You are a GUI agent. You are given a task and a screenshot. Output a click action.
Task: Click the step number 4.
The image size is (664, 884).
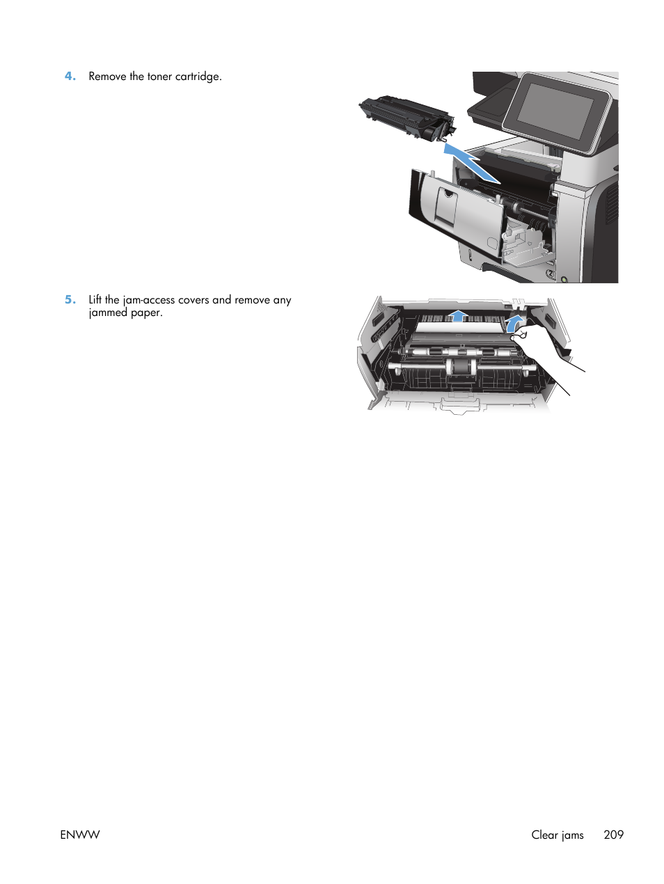70,77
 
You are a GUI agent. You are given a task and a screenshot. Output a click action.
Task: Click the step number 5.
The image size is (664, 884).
70,300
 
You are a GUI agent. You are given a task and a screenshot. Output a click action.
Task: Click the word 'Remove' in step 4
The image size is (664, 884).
107,77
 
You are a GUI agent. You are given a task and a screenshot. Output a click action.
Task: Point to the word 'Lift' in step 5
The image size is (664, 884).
95,300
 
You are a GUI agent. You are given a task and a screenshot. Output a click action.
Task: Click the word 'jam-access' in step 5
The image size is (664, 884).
149,300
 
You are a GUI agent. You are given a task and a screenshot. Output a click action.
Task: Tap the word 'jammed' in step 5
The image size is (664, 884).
108,313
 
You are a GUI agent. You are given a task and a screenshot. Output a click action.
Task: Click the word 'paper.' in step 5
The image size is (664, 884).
147,313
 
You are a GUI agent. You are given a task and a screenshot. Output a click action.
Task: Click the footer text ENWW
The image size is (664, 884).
80,835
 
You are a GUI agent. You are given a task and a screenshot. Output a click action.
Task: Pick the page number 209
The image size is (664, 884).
613,835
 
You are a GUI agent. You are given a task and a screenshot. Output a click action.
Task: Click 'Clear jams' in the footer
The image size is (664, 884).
557,835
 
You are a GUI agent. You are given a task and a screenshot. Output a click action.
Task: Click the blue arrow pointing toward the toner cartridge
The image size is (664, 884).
471,162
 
